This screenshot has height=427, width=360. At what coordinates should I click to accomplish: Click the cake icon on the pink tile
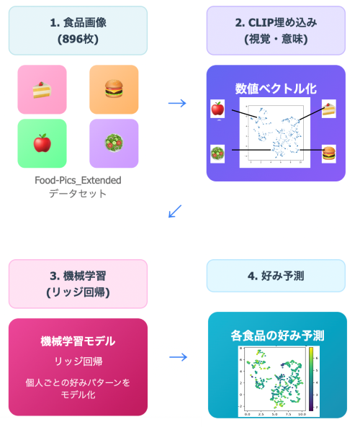[x=42, y=89]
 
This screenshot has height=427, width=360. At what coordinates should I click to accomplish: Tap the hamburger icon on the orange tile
[x=114, y=89]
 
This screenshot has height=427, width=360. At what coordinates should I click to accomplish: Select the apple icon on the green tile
[x=42, y=143]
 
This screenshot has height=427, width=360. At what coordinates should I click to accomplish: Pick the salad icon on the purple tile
[x=114, y=143]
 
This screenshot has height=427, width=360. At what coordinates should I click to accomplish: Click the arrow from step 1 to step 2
[x=176, y=102]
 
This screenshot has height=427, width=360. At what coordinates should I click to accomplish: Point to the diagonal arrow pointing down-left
[x=174, y=211]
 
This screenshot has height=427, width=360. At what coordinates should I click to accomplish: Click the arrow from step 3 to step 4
[x=177, y=357]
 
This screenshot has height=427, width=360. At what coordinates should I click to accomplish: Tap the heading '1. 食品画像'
[x=78, y=23]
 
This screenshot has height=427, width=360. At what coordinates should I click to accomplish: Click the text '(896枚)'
[x=78, y=40]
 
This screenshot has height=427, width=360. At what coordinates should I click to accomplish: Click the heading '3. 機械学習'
[x=78, y=277]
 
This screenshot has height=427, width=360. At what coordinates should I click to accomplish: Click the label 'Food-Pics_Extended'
[x=78, y=180]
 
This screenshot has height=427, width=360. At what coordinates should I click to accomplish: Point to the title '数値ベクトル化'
[x=275, y=88]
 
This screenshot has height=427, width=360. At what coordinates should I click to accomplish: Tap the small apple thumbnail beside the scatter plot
[x=217, y=109]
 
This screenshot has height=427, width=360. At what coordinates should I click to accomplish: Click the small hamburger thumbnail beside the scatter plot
[x=328, y=153]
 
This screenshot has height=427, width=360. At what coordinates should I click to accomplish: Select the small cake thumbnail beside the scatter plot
[x=328, y=109]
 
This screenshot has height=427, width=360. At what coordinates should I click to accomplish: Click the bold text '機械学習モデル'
[x=78, y=341]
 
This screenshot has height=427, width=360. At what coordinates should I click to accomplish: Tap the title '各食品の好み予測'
[x=277, y=336]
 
